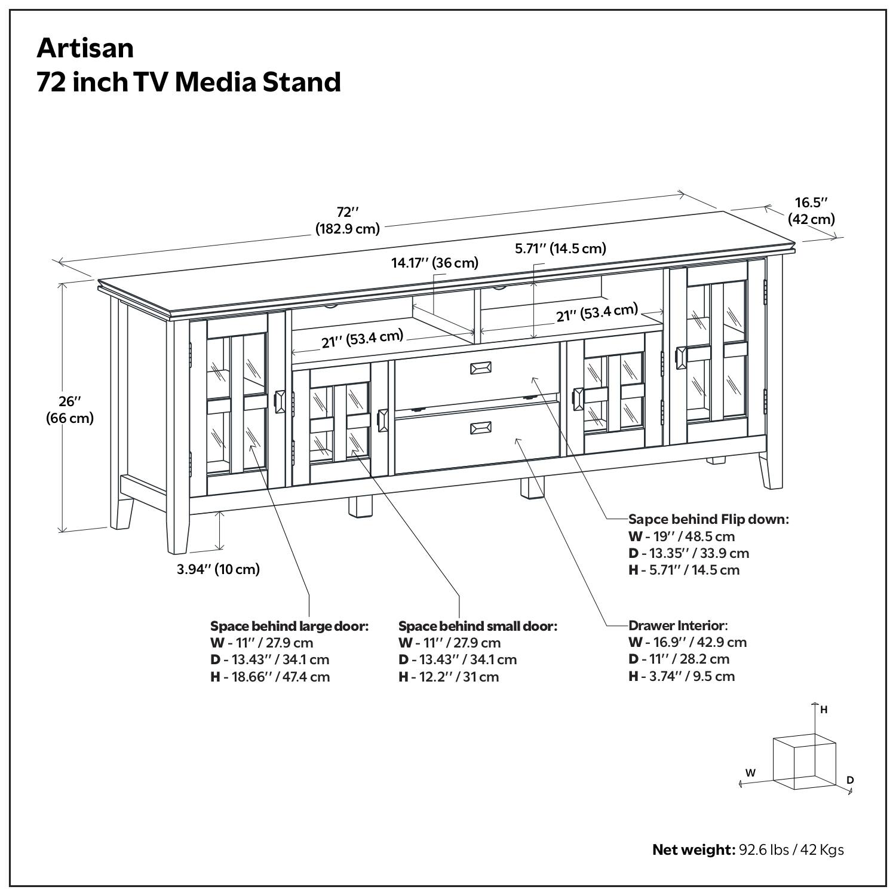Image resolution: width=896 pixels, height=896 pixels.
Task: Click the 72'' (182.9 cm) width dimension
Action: [347, 220]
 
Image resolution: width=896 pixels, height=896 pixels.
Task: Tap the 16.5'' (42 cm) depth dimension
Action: [811, 211]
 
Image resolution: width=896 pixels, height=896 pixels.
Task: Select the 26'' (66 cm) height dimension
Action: [70, 409]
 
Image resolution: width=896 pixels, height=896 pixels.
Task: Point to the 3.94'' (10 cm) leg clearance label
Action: [218, 569]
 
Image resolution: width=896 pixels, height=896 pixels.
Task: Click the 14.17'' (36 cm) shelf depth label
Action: [434, 263]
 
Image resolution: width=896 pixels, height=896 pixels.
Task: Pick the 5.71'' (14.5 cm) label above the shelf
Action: [560, 248]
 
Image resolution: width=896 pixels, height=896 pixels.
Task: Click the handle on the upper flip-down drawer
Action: [481, 368]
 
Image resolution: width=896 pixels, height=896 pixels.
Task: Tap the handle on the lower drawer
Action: [481, 428]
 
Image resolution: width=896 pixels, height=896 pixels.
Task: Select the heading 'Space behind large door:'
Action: [289, 626]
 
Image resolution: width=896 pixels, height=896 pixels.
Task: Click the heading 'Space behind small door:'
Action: [477, 626]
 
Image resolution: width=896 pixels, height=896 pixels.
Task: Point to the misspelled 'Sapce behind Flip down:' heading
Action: [708, 519]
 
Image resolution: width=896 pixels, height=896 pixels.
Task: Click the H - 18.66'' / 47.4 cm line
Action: [270, 677]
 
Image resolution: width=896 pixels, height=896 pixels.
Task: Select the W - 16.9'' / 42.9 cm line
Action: [688, 642]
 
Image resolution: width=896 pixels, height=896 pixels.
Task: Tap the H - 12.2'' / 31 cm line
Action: [448, 677]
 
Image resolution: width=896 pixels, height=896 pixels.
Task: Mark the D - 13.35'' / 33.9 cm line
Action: [688, 553]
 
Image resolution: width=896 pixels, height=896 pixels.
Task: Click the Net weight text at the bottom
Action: [748, 849]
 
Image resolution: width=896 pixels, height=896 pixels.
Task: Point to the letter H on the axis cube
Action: [824, 710]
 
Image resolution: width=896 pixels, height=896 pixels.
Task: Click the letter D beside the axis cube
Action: [850, 780]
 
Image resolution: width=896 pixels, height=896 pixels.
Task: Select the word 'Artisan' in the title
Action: [85, 48]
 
